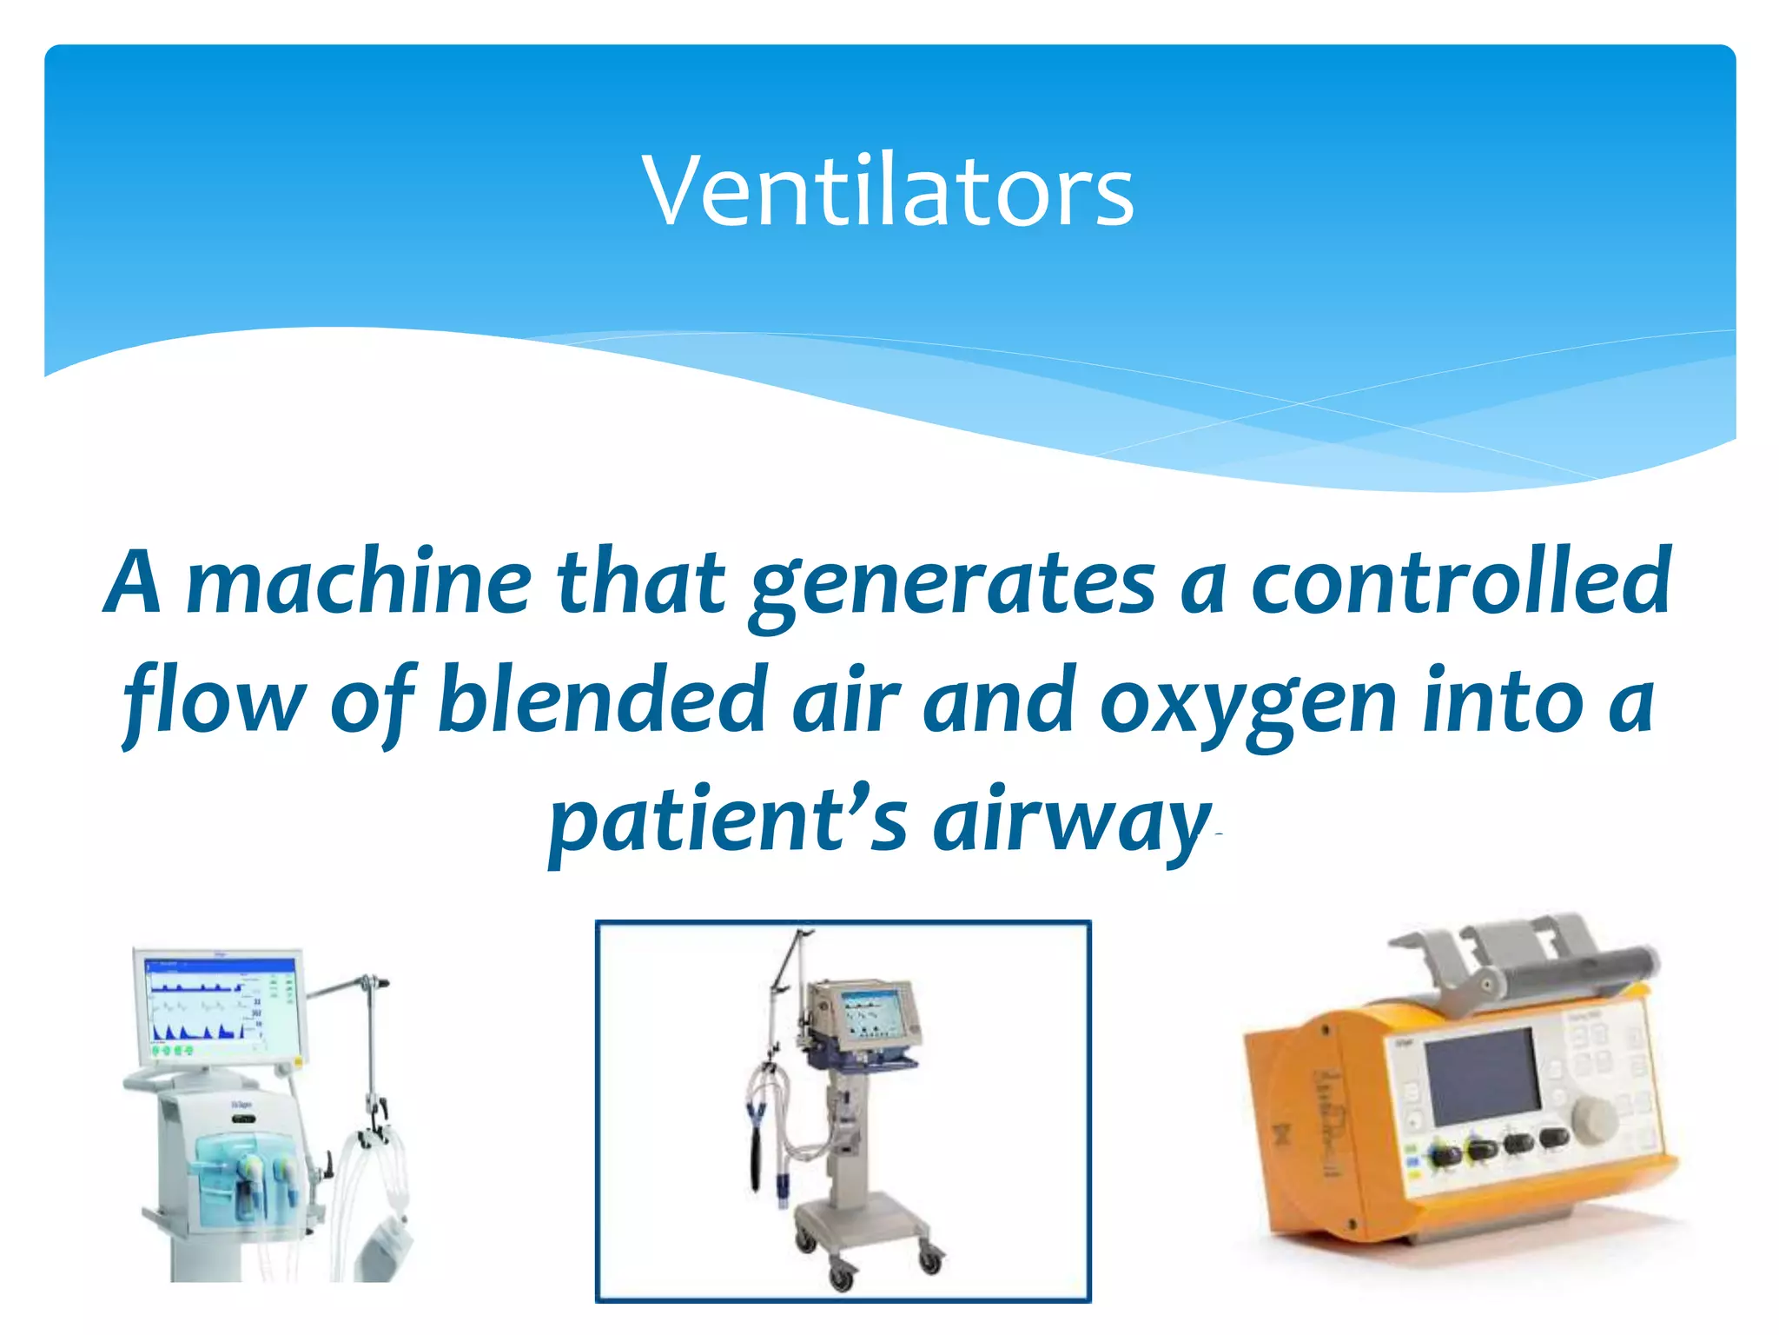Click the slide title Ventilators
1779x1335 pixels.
tap(888, 191)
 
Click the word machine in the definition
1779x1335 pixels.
tap(359, 582)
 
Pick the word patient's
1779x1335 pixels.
tap(728, 821)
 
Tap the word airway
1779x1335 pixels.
tap(1070, 821)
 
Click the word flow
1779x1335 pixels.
tap(214, 701)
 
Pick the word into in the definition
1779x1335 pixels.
tap(1503, 701)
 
